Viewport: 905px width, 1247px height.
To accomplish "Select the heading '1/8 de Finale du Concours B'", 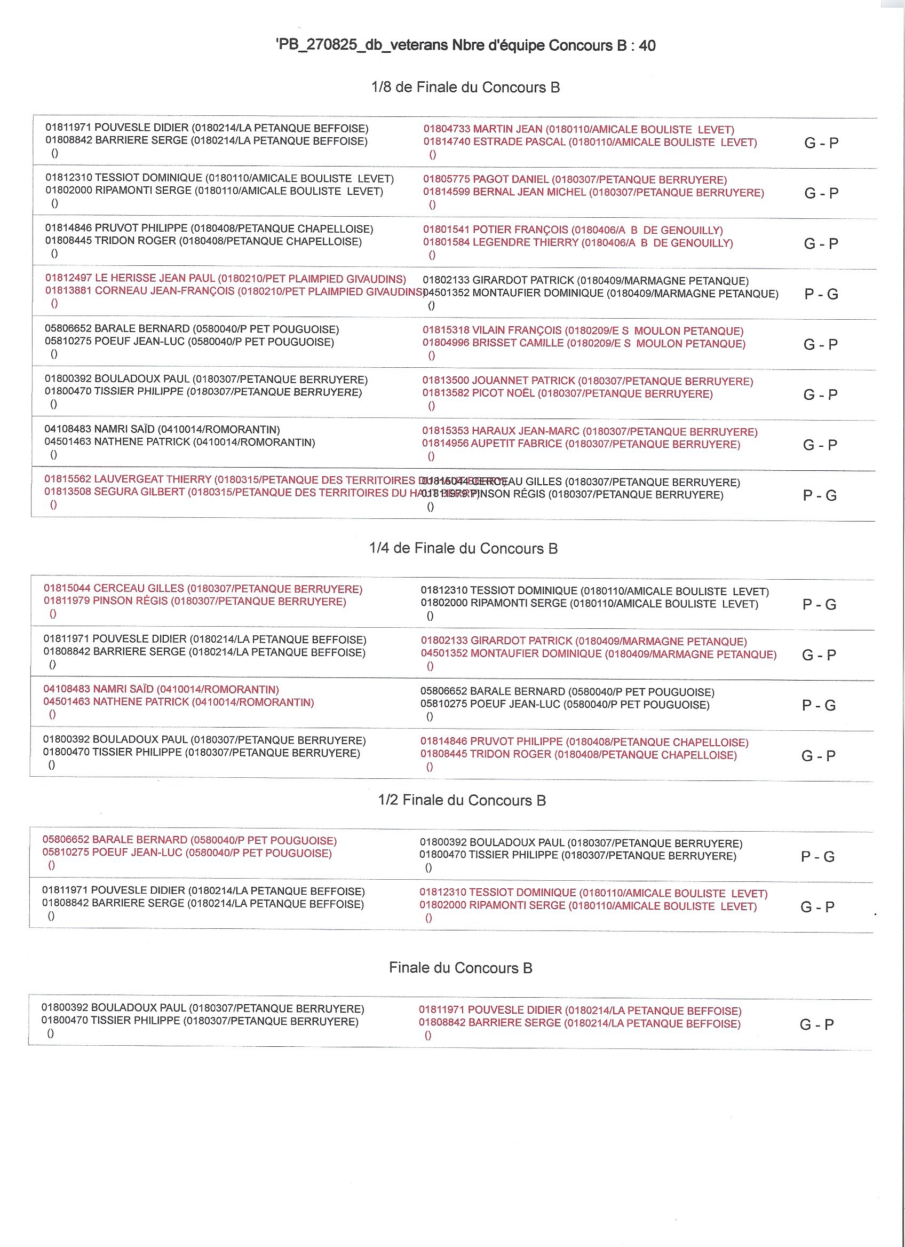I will point(465,88).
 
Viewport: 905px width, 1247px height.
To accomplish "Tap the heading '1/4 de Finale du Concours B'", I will point(463,548).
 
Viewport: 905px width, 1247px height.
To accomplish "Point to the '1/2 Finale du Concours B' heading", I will point(462,800).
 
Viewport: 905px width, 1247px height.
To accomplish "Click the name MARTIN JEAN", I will point(507,130).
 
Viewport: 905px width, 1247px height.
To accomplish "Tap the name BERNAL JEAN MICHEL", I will point(529,192).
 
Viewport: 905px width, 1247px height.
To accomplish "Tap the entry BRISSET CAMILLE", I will point(518,344).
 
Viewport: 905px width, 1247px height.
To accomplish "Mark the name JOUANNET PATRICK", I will point(523,381).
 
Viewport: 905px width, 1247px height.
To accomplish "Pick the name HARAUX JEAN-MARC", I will point(525,432).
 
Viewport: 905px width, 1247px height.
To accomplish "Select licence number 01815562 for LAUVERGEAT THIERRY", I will point(68,479).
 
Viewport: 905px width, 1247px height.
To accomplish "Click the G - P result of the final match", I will point(816,1024).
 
